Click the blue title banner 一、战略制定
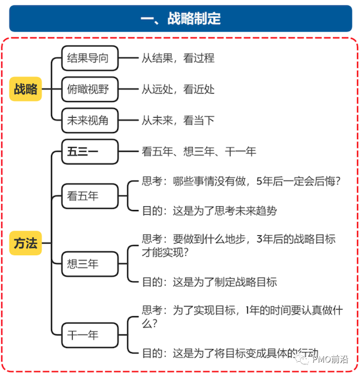pyautogui.click(x=181, y=19)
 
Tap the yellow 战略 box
pyautogui.click(x=26, y=89)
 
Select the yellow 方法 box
pyautogui.click(x=26, y=243)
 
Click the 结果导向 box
pyautogui.click(x=90, y=58)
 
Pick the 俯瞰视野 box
pyautogui.click(x=90, y=89)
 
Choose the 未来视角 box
pyautogui.click(x=90, y=120)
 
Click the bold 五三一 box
pyautogui.click(x=90, y=152)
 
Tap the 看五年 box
pyautogui.click(x=90, y=196)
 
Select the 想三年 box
pyautogui.click(x=90, y=264)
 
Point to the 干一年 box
pyautogui.click(x=90, y=335)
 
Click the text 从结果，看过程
pyautogui.click(x=178, y=58)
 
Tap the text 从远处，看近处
pyautogui.click(x=178, y=89)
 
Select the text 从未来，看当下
pyautogui.click(x=178, y=120)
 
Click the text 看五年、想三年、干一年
pyautogui.click(x=199, y=152)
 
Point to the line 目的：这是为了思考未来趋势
pyautogui.click(x=209, y=211)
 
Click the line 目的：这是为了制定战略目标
pyautogui.click(x=209, y=282)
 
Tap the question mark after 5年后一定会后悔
pyautogui.click(x=338, y=181)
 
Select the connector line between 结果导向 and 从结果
pyautogui.click(x=128, y=58)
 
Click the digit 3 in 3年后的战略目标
pyautogui.click(x=260, y=239)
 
